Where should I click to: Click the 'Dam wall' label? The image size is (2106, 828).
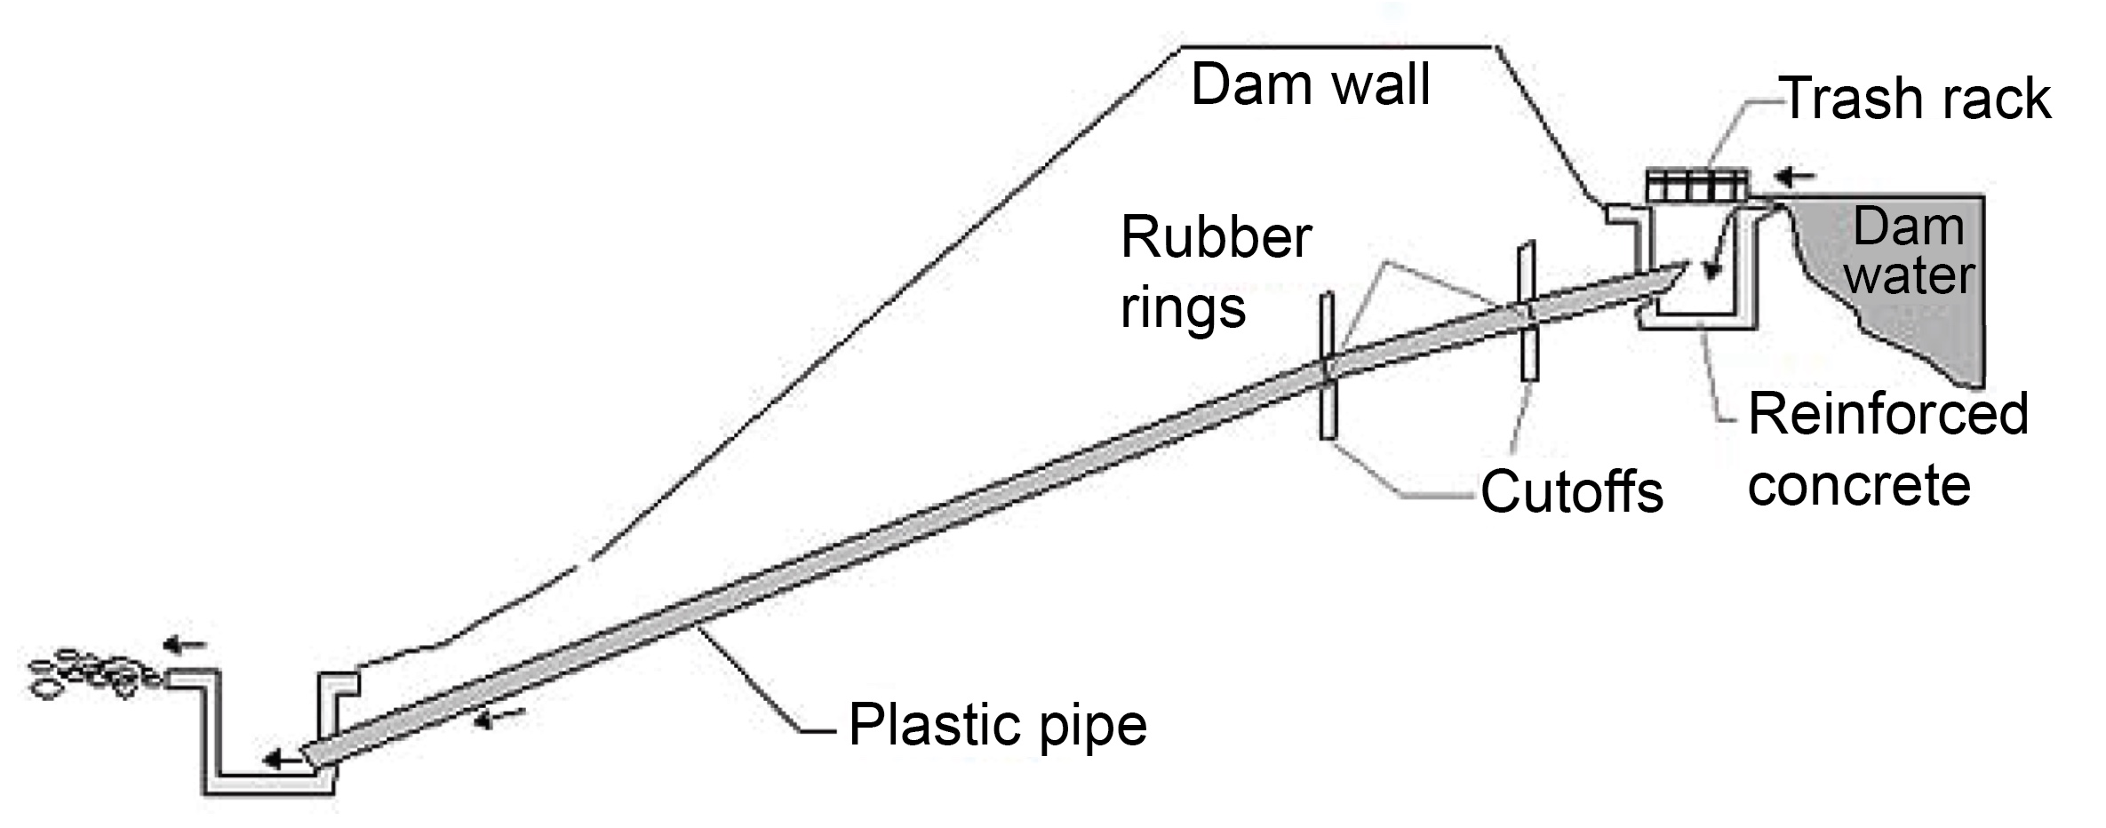click(1310, 86)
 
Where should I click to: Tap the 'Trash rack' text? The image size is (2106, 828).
click(1917, 99)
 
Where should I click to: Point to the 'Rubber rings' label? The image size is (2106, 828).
click(1215, 272)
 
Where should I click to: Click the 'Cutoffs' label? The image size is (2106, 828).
click(1571, 491)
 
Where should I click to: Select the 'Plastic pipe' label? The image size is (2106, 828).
click(997, 725)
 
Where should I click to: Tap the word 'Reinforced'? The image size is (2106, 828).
click(1888, 414)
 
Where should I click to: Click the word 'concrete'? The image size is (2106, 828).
click(1859, 485)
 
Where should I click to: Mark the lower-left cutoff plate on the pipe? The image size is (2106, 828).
click(1328, 366)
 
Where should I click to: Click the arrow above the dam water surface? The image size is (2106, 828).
click(1795, 177)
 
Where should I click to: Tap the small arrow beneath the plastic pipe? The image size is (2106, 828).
click(500, 717)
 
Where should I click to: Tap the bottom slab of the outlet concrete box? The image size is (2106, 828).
click(267, 785)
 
